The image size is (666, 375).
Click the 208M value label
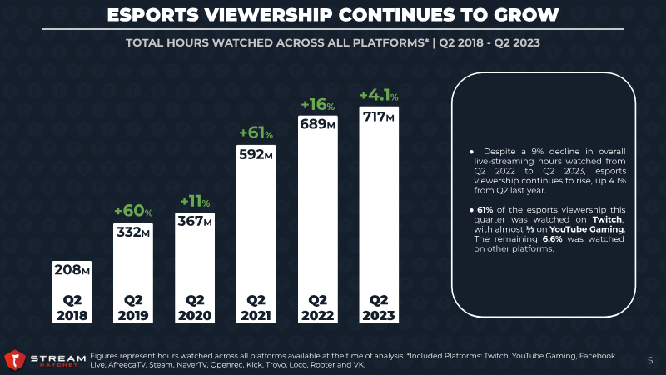click(x=72, y=269)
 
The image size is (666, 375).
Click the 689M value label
click(x=317, y=124)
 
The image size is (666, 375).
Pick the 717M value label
click(x=378, y=117)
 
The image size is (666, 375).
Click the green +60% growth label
click(x=133, y=210)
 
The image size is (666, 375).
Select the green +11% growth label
click(x=195, y=201)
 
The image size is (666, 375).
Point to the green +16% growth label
click(x=317, y=105)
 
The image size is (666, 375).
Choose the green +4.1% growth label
click(x=379, y=97)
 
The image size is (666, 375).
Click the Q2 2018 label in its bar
click(x=72, y=307)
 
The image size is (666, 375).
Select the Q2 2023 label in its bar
click(x=379, y=307)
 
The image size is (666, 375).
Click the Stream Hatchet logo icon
click(x=14, y=359)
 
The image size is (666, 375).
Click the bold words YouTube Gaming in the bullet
click(x=594, y=229)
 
